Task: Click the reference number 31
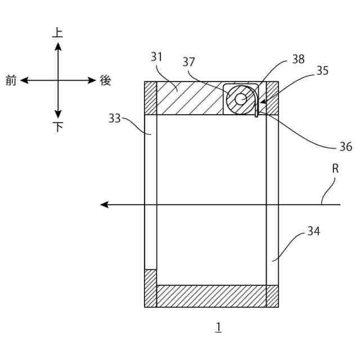156,57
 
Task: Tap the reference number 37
188,62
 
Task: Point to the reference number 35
322,71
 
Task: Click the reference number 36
346,147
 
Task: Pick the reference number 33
115,118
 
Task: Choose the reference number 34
313,231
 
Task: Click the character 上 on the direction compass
57,33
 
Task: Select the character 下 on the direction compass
58,127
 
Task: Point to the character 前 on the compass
11,80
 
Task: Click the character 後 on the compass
105,80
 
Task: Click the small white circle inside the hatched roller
241,99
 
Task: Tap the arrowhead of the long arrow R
104,204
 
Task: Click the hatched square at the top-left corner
150,98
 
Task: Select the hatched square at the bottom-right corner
272,296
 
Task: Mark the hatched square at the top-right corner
272,98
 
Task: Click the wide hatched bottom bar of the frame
211,296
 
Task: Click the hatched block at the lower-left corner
150,288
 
